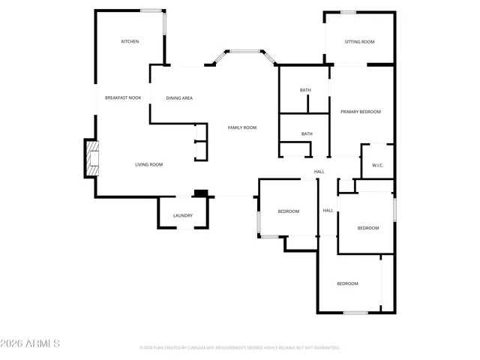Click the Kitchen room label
coord(130,41)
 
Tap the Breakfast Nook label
coord(123,97)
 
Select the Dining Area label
coord(179,97)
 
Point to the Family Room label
coord(242,127)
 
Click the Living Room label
coord(148,164)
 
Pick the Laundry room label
coord(183,215)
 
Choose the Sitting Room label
coord(359,41)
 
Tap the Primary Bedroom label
coord(361,112)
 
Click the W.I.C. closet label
coord(378,165)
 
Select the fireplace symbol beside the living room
coord(91,158)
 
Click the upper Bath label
coord(305,90)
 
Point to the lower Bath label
coord(307,133)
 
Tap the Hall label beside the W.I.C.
coord(319,172)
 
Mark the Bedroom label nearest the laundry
coord(289,211)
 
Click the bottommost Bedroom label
coord(347,283)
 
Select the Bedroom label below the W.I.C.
coord(367,228)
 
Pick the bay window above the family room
coord(243,52)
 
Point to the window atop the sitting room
coord(348,12)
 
